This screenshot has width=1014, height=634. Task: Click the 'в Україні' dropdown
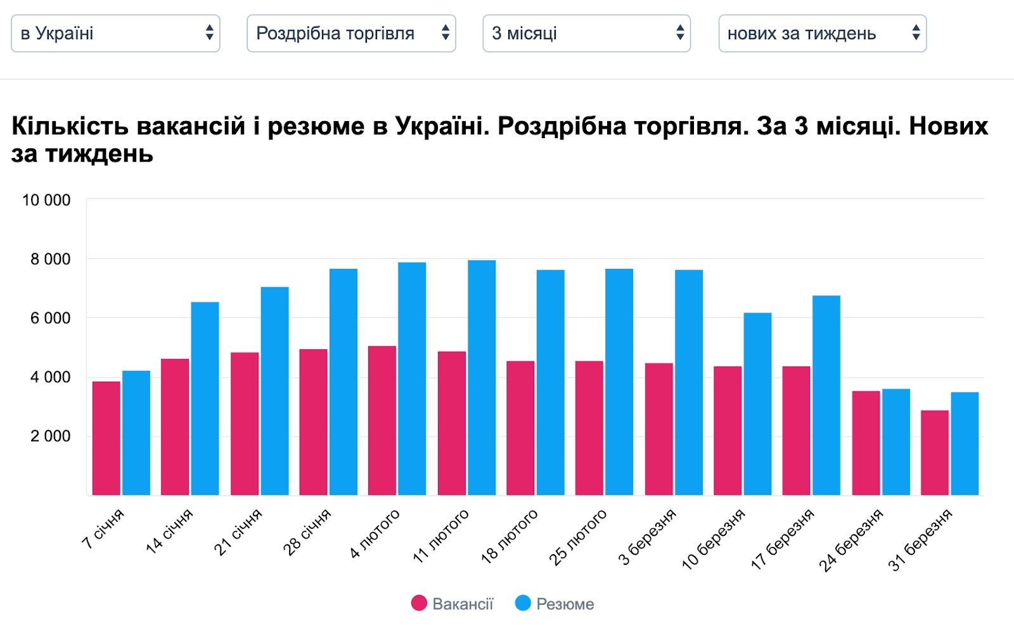click(115, 33)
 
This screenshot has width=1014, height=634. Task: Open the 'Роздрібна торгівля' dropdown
click(351, 33)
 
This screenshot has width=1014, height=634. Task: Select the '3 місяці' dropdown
click(586, 33)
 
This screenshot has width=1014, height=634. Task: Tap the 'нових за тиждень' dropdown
click(822, 33)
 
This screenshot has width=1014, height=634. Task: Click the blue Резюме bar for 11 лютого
click(482, 378)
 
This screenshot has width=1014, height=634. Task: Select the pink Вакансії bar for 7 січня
click(106, 438)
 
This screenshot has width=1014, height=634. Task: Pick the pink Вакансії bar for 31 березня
click(935, 453)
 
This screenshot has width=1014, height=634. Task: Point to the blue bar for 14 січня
click(205, 399)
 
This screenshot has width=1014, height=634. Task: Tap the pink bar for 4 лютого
click(382, 420)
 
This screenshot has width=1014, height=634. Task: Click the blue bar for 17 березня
click(826, 396)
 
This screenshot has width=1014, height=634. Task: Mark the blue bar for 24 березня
click(896, 442)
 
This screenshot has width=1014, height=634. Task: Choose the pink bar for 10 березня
click(728, 430)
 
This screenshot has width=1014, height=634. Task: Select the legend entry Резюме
click(555, 604)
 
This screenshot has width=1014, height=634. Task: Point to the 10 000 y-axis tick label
click(46, 200)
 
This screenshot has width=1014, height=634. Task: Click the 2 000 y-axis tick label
click(51, 436)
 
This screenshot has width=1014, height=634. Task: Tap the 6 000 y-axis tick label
click(51, 318)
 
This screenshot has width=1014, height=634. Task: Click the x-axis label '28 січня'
click(307, 532)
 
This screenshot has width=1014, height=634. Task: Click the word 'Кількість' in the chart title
click(70, 126)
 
